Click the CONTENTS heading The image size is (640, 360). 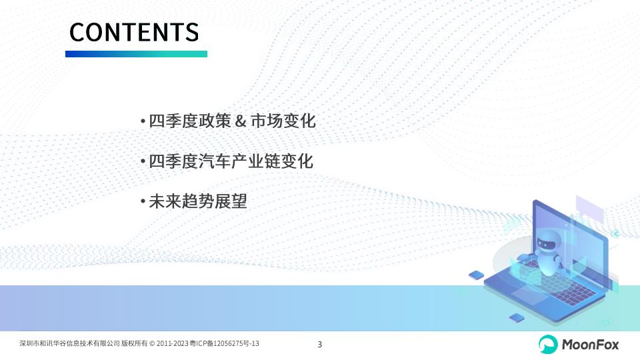(x=134, y=32)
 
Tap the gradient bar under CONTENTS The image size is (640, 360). (x=136, y=54)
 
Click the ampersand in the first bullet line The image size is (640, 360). (x=241, y=121)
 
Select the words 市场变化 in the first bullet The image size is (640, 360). (x=283, y=121)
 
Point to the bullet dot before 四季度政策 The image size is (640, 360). (x=143, y=121)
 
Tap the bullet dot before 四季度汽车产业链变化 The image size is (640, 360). (x=143, y=161)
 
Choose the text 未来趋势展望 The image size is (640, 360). (x=198, y=201)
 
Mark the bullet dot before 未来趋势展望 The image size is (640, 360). (x=143, y=201)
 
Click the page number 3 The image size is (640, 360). (x=319, y=345)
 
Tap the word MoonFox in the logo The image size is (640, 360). (x=590, y=345)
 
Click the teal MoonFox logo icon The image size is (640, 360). (x=548, y=344)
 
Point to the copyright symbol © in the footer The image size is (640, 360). (x=152, y=344)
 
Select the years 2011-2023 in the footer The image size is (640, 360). (x=172, y=344)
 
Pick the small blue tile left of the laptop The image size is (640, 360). (x=476, y=275)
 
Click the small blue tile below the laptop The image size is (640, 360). (x=517, y=317)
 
